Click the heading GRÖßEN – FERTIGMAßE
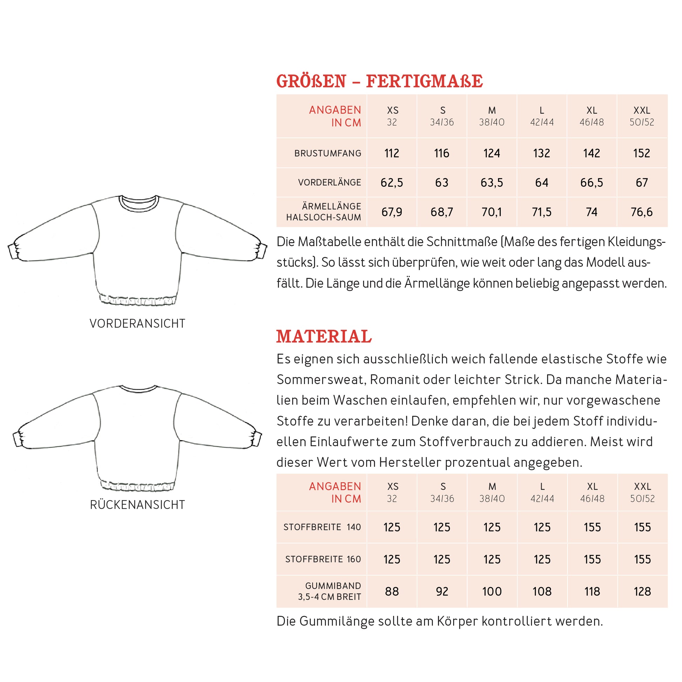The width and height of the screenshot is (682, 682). point(379,81)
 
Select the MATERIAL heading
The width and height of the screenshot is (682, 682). point(324,336)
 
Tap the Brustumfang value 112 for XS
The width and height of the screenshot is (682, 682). point(391,153)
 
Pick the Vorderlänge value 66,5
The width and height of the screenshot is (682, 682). point(592,183)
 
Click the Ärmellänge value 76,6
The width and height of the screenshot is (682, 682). point(641,212)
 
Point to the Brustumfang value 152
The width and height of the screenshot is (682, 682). point(641,153)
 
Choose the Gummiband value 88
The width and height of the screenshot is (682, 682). point(391,591)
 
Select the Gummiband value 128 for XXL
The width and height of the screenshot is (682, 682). point(642,591)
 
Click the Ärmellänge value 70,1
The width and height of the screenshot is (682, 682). point(491,212)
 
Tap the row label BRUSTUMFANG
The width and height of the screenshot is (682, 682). point(328,153)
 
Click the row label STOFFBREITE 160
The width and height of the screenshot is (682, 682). point(323,559)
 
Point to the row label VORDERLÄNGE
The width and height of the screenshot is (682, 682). point(329,183)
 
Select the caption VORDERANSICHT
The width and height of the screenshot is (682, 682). point(137,323)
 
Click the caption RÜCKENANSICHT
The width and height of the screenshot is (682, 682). point(137,505)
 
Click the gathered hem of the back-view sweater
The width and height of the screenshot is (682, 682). point(138,486)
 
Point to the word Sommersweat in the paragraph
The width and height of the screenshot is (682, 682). point(320,380)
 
